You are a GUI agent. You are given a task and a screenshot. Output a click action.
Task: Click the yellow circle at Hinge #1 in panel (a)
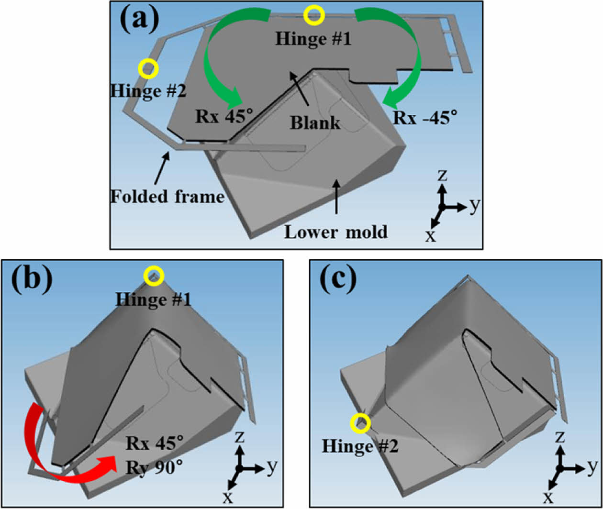(x=315, y=15)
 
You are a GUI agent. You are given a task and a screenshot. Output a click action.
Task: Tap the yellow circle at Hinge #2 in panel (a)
(x=148, y=69)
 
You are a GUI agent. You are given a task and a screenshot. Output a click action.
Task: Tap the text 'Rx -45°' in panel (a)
(x=422, y=116)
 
